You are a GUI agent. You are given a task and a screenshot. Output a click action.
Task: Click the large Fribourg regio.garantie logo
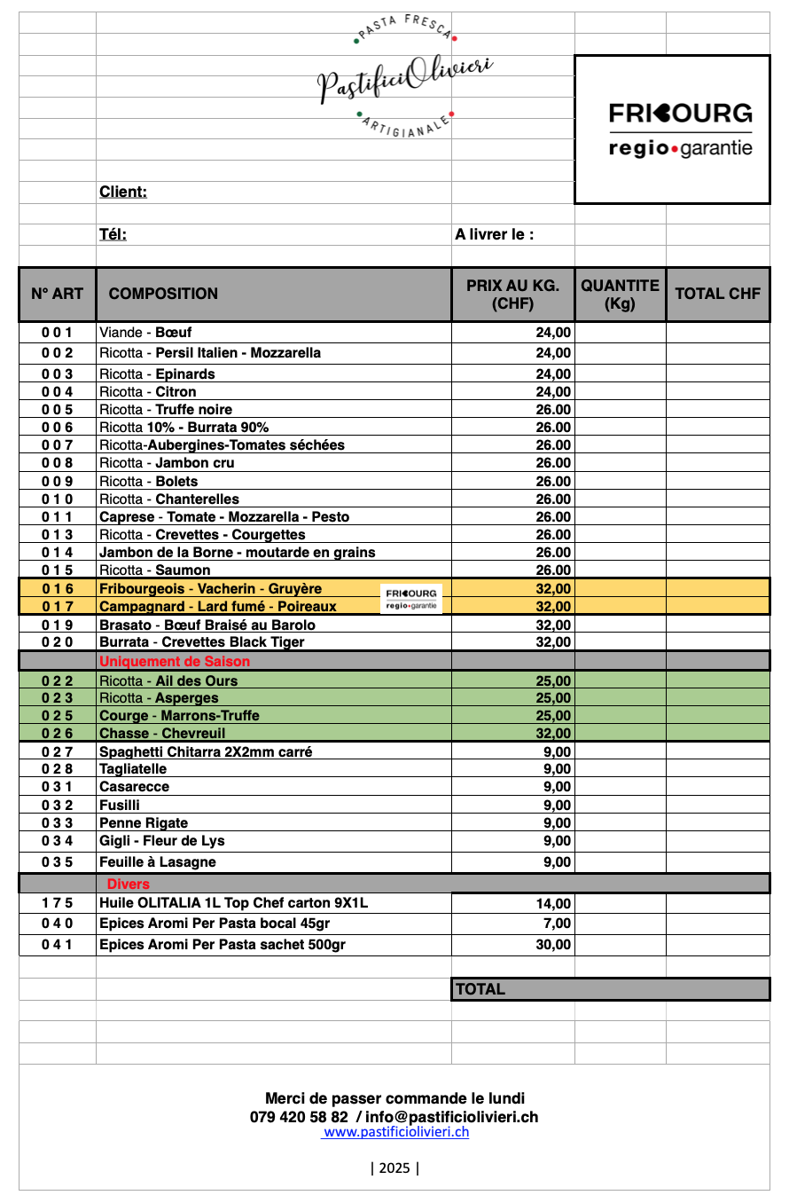680,130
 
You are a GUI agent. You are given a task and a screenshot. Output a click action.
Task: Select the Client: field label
123,192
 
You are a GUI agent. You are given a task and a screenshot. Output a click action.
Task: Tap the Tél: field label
113,234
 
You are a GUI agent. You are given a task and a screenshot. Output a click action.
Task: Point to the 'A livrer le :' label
494,234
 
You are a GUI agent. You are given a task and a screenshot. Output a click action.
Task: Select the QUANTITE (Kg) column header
620,294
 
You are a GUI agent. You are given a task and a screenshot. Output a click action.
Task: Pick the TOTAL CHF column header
717,294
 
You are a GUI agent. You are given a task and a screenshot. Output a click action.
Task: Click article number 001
57,333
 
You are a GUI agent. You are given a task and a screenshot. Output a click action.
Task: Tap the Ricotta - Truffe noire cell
166,409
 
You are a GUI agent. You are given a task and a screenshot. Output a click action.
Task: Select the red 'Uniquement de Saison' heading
175,661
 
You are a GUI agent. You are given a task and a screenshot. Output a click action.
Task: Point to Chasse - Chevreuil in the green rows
162,733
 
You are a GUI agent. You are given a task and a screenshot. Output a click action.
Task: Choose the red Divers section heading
129,884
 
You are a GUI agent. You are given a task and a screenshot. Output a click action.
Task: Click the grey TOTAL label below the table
480,989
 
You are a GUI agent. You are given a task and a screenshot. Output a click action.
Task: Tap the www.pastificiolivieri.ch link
395,1132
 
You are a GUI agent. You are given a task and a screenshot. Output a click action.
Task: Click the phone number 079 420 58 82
299,1117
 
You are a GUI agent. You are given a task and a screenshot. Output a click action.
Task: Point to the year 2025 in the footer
394,1168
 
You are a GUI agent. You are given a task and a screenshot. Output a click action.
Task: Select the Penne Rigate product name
144,822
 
